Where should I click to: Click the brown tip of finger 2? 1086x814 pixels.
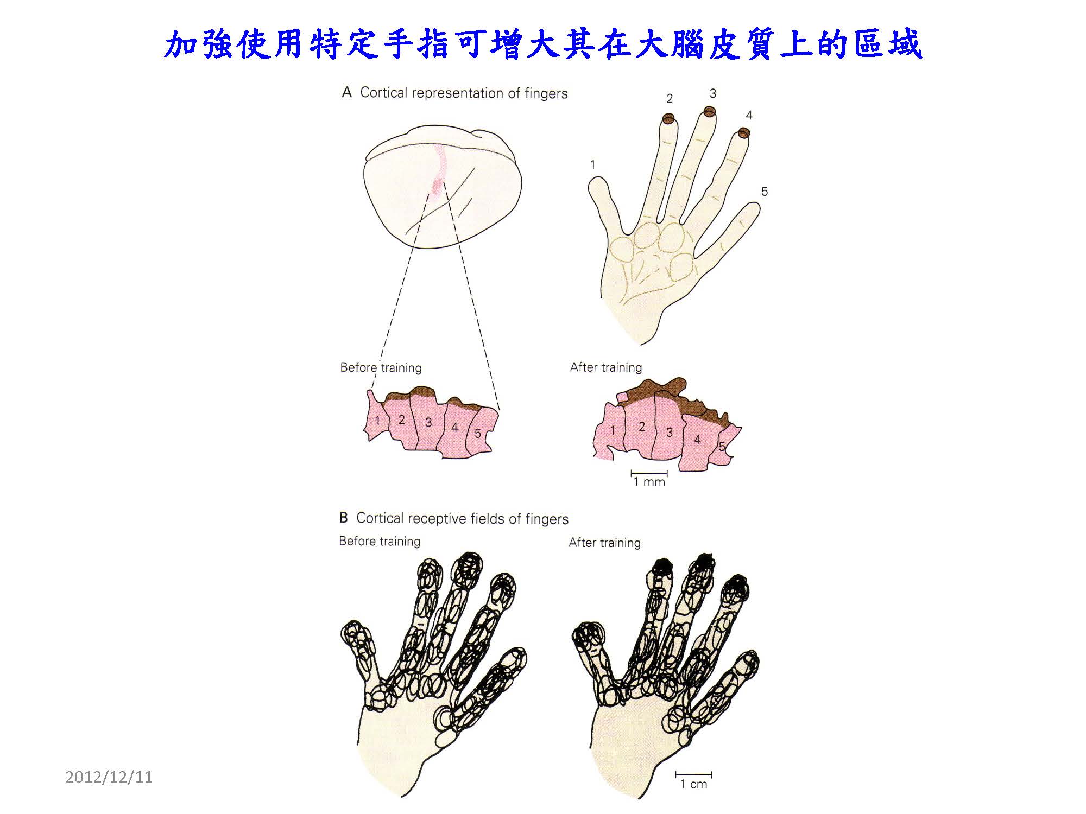[668, 118]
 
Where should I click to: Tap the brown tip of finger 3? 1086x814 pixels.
[710, 112]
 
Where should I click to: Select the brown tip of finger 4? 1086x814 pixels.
[744, 133]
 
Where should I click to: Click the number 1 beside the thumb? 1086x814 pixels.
[593, 164]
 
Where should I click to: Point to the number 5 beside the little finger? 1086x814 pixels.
[765, 192]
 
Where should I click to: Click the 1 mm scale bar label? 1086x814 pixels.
[649, 482]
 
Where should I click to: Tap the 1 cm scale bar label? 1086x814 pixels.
[694, 784]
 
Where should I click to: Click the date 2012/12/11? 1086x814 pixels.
[109, 777]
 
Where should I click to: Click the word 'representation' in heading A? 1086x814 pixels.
[457, 93]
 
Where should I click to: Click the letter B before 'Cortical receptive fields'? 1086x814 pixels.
[343, 518]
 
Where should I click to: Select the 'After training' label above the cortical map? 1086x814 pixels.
[606, 367]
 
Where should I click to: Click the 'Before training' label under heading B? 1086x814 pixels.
[380, 542]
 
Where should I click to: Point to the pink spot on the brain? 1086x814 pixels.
[437, 187]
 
